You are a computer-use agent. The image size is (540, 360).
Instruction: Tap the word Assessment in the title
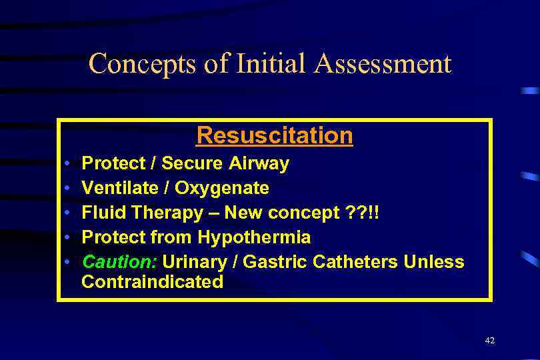tap(385, 65)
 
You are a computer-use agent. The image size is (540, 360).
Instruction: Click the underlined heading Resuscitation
tap(274, 135)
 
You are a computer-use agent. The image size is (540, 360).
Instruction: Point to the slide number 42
tap(490, 341)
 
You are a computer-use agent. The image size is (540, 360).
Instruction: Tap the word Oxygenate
tap(222, 188)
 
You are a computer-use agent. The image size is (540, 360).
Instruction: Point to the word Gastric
tap(273, 261)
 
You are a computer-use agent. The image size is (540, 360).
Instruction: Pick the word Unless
tap(434, 261)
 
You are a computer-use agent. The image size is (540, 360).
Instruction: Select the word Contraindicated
tap(152, 282)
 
